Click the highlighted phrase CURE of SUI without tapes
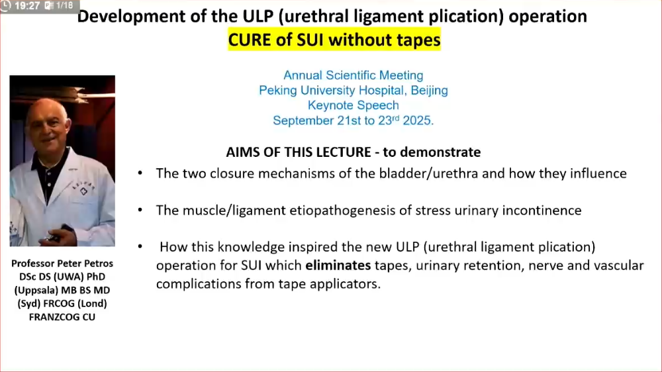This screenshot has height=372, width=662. [334, 40]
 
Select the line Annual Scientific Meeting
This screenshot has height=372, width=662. [354, 75]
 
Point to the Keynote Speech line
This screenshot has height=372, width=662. [354, 105]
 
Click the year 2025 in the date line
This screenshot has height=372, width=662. [418, 120]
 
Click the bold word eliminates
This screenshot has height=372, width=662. [338, 265]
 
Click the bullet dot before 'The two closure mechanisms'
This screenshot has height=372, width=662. [140, 173]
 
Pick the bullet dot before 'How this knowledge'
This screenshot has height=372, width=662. [140, 246]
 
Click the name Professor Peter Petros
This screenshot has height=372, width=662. [62, 263]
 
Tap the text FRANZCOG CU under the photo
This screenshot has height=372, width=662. [62, 316]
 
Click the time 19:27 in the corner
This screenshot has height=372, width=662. [26, 6]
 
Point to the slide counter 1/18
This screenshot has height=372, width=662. [64, 5]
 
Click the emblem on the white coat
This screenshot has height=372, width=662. [83, 192]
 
